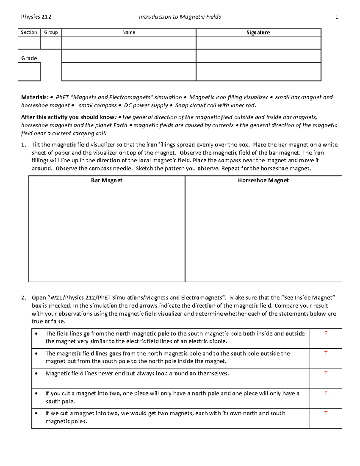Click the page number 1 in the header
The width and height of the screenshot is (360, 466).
337,17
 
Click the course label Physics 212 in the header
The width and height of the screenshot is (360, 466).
36,17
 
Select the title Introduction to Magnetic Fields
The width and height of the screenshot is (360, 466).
180,17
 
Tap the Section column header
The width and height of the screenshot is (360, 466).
29,32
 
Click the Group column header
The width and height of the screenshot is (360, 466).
51,32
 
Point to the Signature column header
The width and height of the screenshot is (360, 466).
258,32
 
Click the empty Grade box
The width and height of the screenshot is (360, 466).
29,72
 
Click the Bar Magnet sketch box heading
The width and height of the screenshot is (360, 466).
106,180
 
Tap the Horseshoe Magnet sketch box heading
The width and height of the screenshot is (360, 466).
263,180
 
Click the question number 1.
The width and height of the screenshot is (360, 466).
23,145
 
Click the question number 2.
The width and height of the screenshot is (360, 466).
23,298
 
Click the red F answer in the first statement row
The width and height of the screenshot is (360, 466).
325,333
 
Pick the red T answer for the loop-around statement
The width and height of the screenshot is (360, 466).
325,373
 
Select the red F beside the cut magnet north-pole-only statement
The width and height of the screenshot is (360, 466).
325,393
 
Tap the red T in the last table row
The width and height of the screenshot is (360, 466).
325,413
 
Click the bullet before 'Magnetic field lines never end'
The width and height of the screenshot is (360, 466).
37,374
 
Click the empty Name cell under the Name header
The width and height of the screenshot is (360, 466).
128,43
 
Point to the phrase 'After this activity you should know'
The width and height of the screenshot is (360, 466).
68,117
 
